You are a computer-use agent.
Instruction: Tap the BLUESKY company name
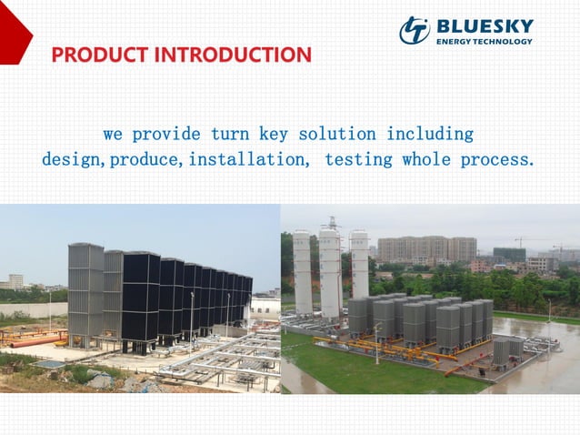[x=485, y=25]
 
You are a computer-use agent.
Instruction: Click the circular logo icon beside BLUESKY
[x=415, y=31]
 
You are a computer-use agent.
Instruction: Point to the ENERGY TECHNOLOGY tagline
[x=485, y=41]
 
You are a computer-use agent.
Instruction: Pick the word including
[x=430, y=134]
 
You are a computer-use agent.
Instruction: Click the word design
[x=73, y=160]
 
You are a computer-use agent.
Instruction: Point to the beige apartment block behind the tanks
[x=426, y=249]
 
